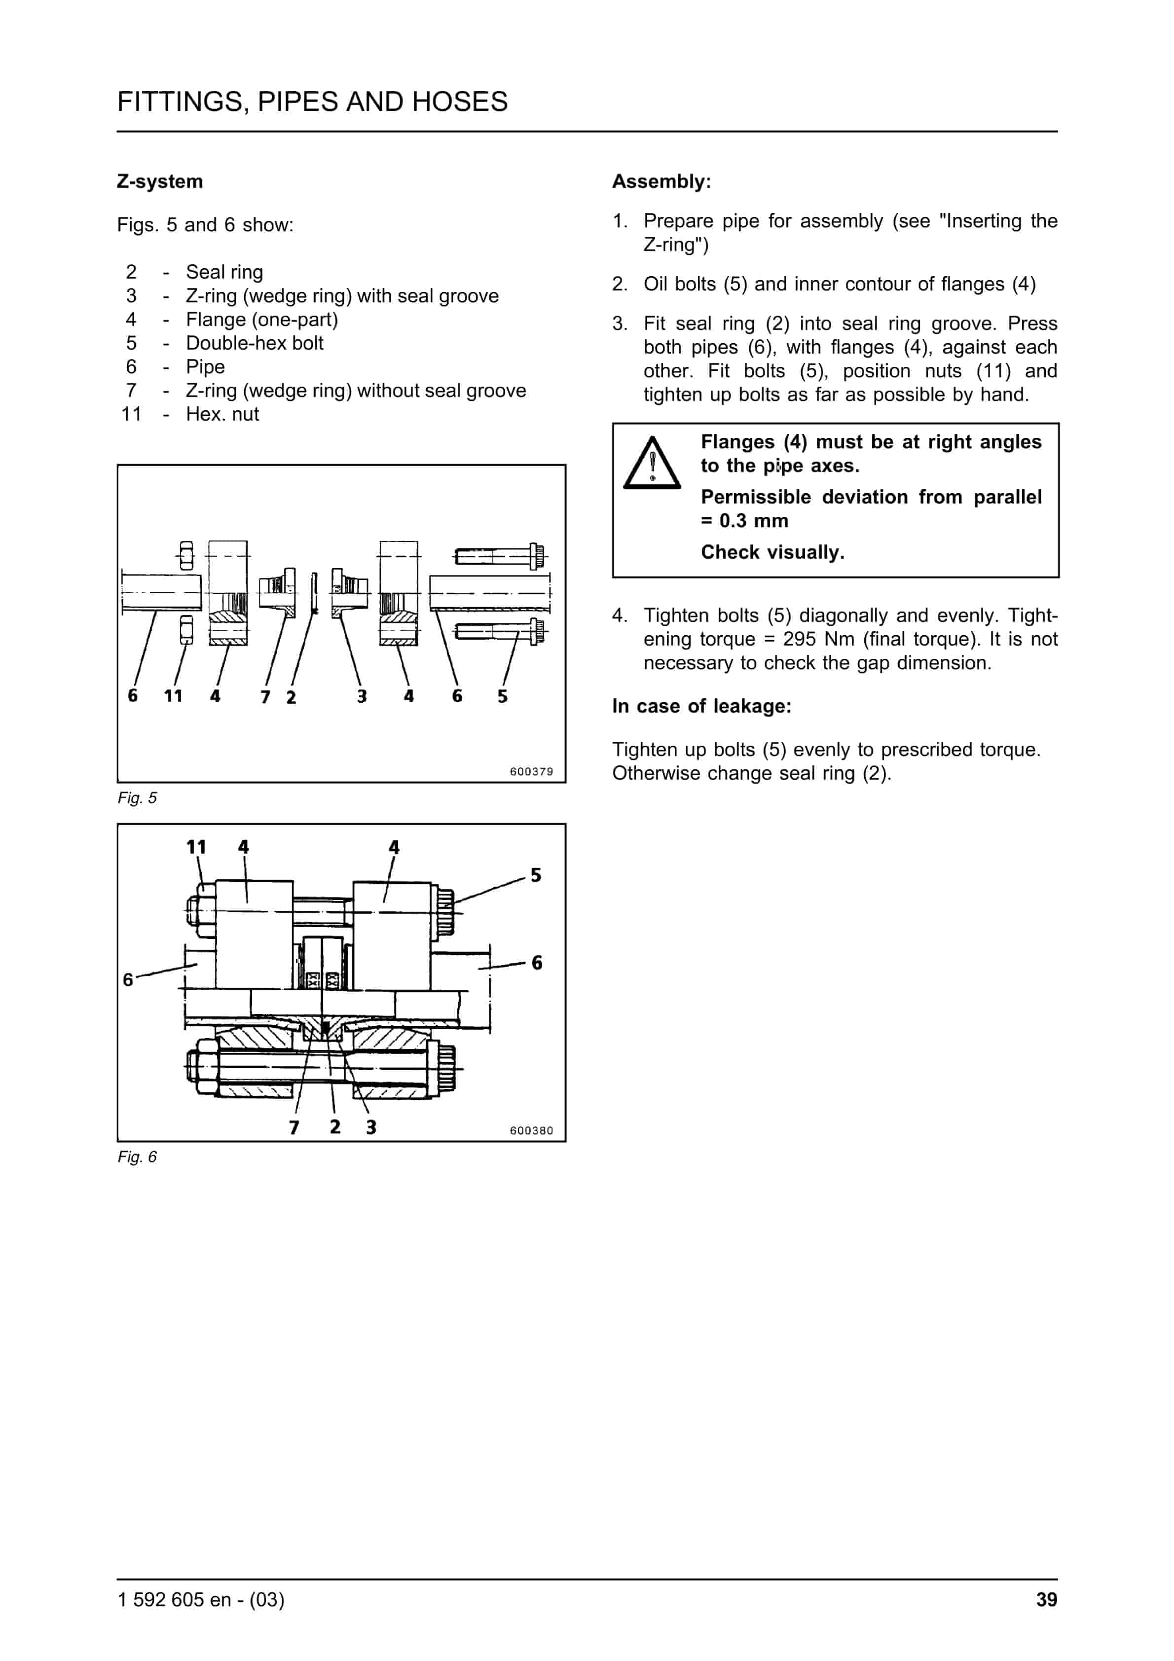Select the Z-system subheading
click(x=159, y=181)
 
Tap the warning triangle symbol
click(x=652, y=464)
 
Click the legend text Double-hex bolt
click(x=254, y=343)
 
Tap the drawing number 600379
click(x=531, y=771)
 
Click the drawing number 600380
click(x=531, y=1130)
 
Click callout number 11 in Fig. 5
click(x=173, y=696)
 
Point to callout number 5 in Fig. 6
click(x=536, y=875)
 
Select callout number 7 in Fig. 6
click(x=294, y=1127)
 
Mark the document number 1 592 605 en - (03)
click(x=201, y=1599)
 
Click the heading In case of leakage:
click(x=701, y=706)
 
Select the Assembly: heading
click(x=661, y=181)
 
